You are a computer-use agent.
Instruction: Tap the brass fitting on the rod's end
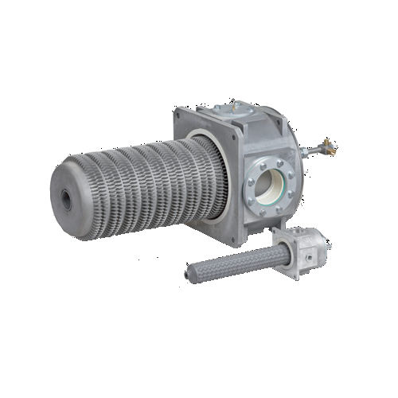326,146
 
